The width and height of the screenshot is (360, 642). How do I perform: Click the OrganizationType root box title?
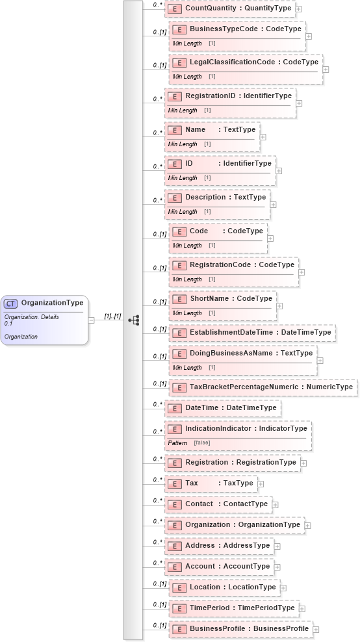pos(52,303)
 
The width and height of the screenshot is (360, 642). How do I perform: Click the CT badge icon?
pos(11,303)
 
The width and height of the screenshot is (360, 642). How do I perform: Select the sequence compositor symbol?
pos(134,320)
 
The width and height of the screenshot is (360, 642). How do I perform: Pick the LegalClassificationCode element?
pos(253,62)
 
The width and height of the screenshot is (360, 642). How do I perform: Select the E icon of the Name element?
pos(174,130)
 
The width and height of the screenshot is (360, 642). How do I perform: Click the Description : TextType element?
pos(225,198)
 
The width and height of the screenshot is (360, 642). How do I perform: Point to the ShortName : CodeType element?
pos(230,299)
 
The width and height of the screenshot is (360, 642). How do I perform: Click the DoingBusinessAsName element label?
pos(251,353)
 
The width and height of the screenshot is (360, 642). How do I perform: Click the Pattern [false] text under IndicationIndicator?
pos(189,443)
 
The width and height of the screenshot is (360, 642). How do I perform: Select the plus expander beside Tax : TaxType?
pos(261,483)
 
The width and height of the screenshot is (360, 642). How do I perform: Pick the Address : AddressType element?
pos(227,546)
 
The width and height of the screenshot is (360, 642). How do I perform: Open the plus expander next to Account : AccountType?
pos(277,567)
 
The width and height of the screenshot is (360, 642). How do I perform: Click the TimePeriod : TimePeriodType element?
pos(242,608)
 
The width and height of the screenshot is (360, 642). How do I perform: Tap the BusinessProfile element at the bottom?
pos(248,629)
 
